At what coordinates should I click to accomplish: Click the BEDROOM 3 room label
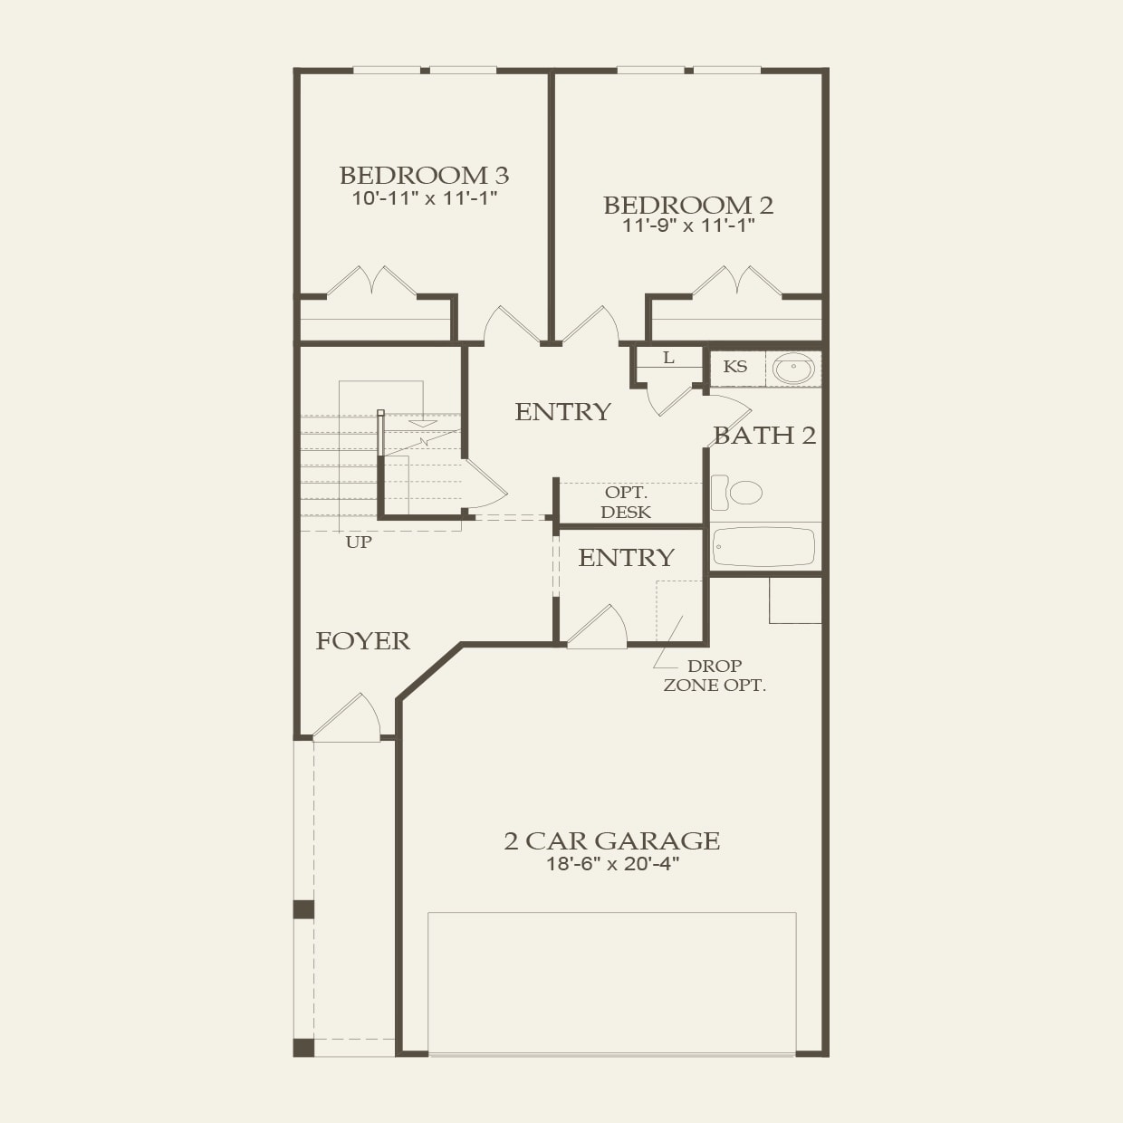[x=424, y=175]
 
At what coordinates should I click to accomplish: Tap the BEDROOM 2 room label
[x=688, y=205]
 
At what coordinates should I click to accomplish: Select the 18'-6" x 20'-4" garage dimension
[x=612, y=864]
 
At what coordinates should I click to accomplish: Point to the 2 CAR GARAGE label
[x=612, y=840]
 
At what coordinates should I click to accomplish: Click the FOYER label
[x=362, y=641]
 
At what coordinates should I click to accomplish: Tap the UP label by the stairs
[x=359, y=542]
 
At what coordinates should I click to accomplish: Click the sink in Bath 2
[x=794, y=369]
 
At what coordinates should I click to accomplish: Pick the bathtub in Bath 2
[x=763, y=547]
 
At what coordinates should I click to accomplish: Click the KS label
[x=735, y=367]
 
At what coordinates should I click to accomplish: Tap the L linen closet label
[x=668, y=358]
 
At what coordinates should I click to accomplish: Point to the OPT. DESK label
[x=626, y=503]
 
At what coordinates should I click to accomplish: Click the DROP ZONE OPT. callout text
[x=715, y=676]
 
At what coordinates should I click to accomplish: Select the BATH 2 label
[x=764, y=436]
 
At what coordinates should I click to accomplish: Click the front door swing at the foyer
[x=349, y=720]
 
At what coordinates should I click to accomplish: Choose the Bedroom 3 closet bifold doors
[x=372, y=282]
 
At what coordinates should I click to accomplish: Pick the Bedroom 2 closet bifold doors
[x=737, y=282]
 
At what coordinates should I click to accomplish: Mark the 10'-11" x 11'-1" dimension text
[x=424, y=198]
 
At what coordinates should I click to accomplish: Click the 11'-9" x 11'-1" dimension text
[x=688, y=226]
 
